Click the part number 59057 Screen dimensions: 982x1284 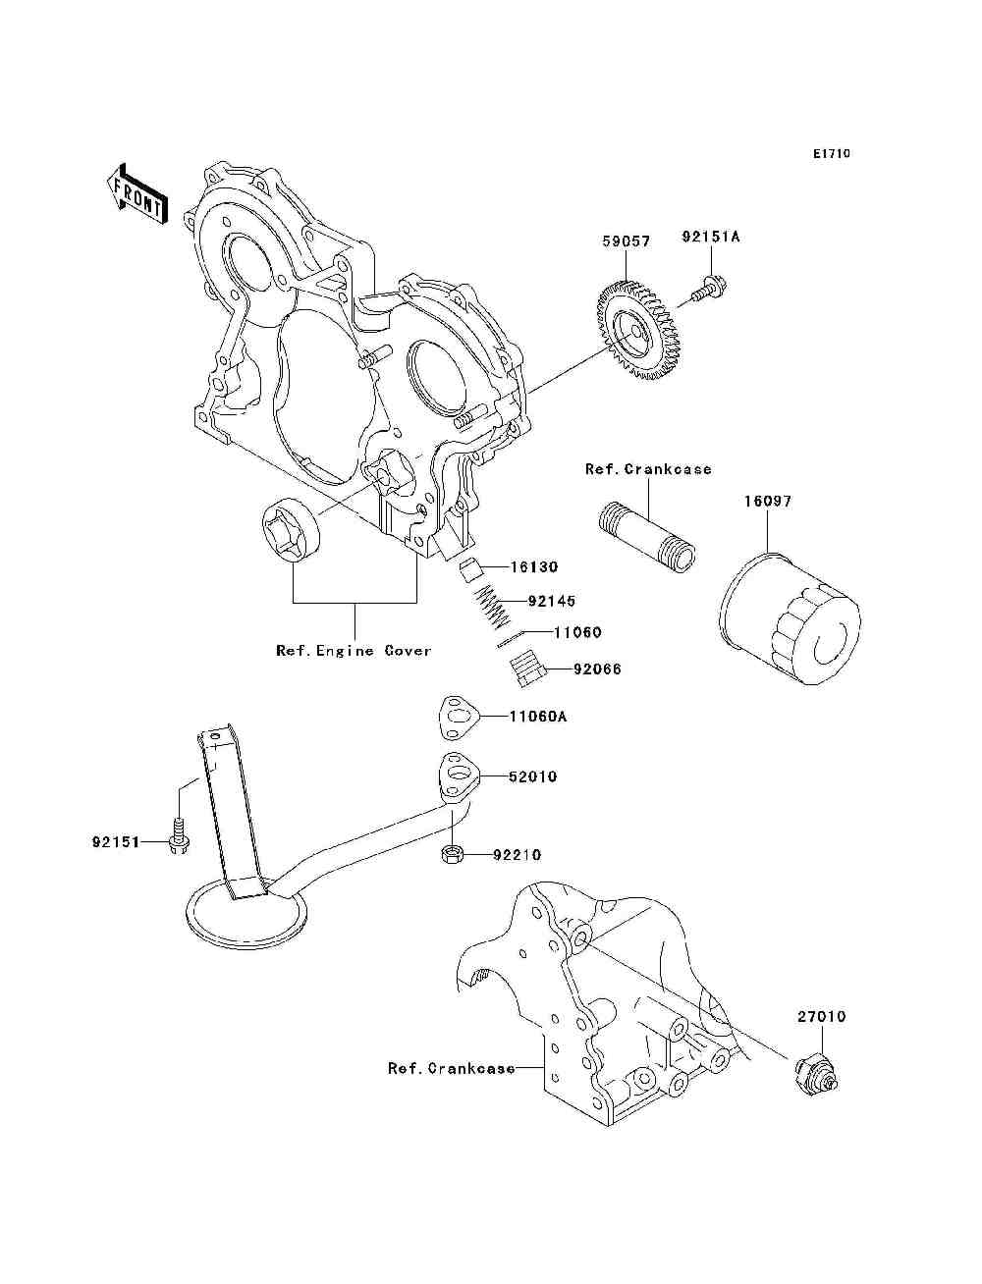coord(627,241)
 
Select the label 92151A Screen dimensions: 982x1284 coord(710,237)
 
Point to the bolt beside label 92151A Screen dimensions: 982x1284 coord(708,290)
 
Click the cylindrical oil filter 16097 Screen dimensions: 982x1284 coord(789,618)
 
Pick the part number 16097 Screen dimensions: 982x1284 coord(768,502)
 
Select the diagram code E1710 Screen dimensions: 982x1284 coord(831,154)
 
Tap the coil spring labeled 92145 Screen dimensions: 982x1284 coord(493,609)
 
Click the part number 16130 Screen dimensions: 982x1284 coord(534,566)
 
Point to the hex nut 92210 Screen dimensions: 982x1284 coord(453,855)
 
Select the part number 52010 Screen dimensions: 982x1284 coord(532,776)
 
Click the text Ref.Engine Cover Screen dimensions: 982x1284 coord(354,650)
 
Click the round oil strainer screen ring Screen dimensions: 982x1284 coord(245,917)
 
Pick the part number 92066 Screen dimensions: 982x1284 coord(597,669)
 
